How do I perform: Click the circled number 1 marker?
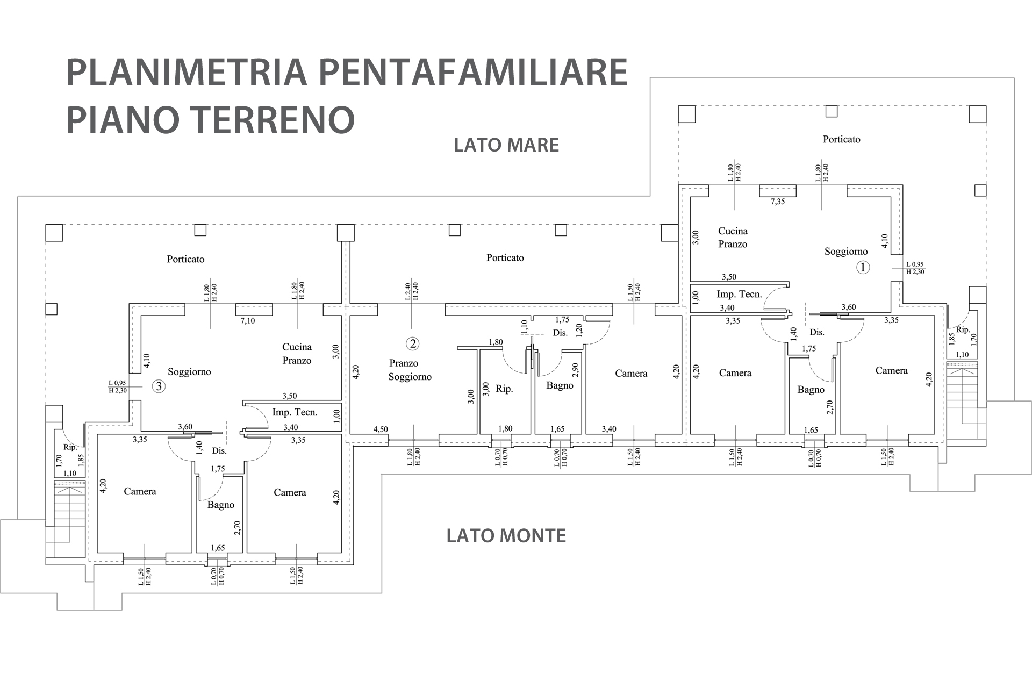[x=863, y=267]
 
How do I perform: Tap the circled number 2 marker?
[x=412, y=343]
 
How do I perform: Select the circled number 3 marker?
[x=159, y=386]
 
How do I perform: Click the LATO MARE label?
[x=506, y=145]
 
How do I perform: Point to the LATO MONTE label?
[x=506, y=536]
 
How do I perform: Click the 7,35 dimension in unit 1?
[x=778, y=202]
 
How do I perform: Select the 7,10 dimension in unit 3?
[x=248, y=321]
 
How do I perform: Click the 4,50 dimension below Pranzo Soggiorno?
[x=381, y=429]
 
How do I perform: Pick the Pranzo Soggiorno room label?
[x=410, y=370]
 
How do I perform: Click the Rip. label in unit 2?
[x=504, y=389]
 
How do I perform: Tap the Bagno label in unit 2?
[x=560, y=385]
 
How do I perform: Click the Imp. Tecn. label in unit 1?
[x=739, y=294]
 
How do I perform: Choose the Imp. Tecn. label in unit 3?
[x=295, y=412]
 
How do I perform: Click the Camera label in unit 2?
[x=631, y=373]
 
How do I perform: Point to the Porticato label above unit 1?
[x=841, y=139]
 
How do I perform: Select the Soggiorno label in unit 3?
[x=189, y=371]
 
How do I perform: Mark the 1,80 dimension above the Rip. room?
[x=496, y=342]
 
